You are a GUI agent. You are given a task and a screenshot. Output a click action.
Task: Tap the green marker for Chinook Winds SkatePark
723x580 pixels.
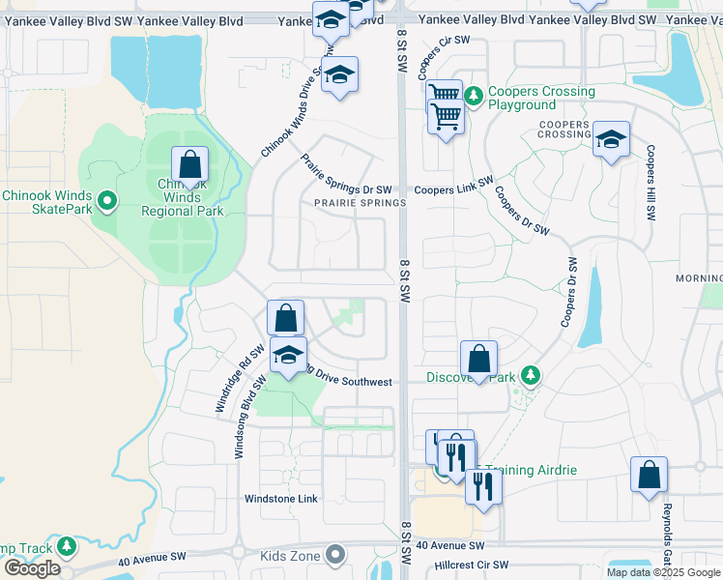[107, 201]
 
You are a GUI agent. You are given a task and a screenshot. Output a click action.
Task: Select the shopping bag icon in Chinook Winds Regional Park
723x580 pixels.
[189, 165]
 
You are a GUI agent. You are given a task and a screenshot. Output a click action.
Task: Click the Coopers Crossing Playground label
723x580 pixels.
[541, 98]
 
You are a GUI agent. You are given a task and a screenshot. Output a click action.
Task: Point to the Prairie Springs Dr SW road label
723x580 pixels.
[345, 177]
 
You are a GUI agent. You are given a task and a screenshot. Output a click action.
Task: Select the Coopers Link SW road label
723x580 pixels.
[453, 190]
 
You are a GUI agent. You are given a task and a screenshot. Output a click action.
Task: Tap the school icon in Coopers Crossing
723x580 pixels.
[611, 141]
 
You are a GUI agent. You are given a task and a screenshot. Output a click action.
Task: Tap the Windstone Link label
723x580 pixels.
[281, 499]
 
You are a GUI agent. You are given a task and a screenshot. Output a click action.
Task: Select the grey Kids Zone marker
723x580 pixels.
[335, 555]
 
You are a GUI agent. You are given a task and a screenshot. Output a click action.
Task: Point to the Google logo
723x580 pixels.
[32, 568]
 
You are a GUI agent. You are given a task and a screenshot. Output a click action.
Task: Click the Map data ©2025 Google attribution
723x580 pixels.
[663, 572]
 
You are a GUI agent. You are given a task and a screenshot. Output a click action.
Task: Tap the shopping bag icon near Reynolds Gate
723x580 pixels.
[648, 476]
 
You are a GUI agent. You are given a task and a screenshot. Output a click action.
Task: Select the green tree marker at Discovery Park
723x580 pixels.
[529, 374]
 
